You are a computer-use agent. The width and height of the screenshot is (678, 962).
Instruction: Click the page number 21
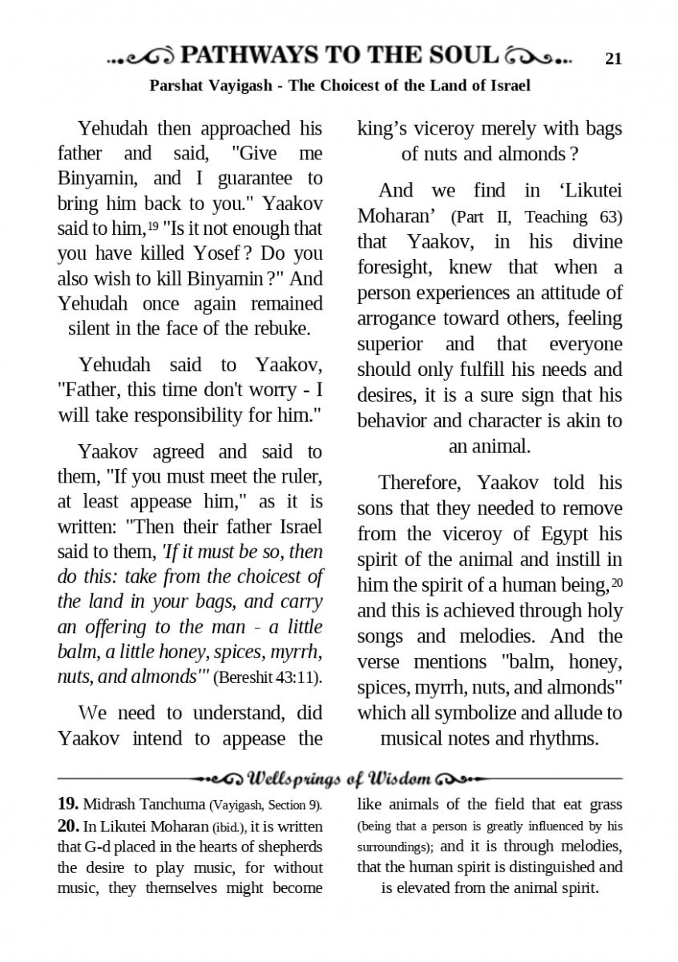coord(614,58)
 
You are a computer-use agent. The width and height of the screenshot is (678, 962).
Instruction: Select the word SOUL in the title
coord(462,55)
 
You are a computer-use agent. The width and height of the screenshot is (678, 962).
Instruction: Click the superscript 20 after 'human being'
coord(616,582)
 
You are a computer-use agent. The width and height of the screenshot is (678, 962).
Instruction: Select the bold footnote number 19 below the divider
coord(67,803)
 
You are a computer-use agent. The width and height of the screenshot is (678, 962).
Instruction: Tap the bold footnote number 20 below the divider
coord(67,825)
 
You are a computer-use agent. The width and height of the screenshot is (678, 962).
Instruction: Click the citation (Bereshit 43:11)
coord(268,678)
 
